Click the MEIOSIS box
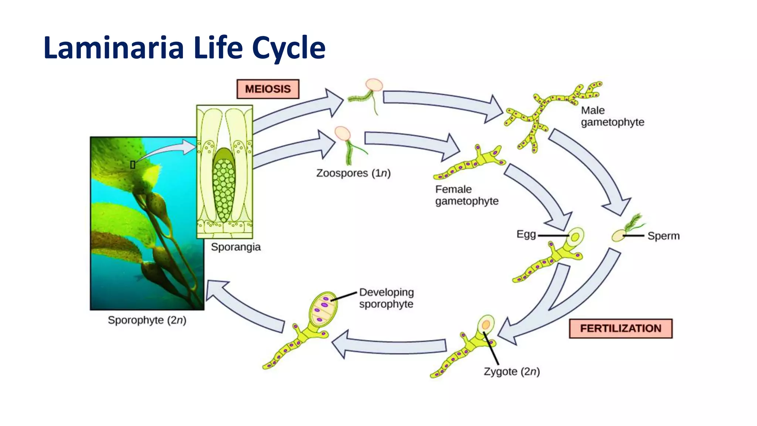click(x=268, y=89)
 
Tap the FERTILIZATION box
click(x=620, y=328)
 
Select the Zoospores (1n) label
click(x=353, y=173)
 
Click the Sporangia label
click(x=235, y=247)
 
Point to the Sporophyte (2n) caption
click(x=147, y=320)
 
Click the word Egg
click(x=526, y=234)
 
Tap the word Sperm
click(x=663, y=236)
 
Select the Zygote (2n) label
click(x=512, y=371)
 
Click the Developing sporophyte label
click(x=386, y=298)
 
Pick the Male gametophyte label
click(x=612, y=116)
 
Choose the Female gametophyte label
click(x=466, y=195)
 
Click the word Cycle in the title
click(x=289, y=48)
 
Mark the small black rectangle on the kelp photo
click(x=133, y=165)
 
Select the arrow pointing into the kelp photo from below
click(x=244, y=307)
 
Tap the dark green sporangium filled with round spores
click(x=224, y=185)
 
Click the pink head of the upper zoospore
click(x=374, y=85)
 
